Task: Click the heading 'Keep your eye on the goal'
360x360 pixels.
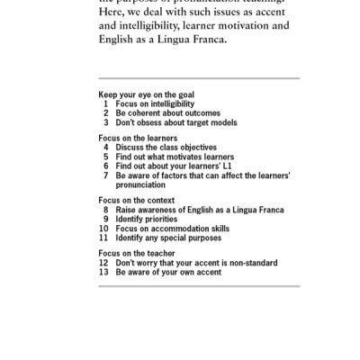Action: coord(146,94)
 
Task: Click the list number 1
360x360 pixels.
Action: coord(107,103)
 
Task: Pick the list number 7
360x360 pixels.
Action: coord(106,175)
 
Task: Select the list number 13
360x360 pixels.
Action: coord(103,271)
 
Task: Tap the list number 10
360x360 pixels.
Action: coord(103,228)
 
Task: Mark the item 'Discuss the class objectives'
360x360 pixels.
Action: coord(166,147)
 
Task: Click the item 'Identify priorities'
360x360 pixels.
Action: coord(150,219)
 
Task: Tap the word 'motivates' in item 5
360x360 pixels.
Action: coord(186,156)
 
